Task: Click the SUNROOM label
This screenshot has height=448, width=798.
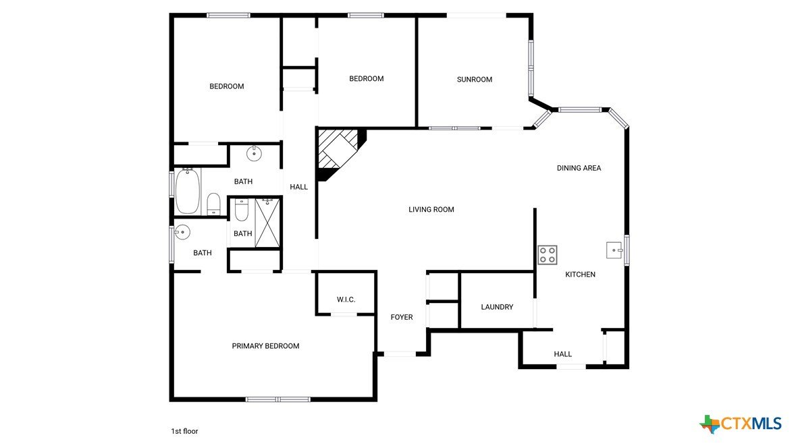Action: click(x=475, y=80)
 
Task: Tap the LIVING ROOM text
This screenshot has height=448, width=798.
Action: click(x=431, y=210)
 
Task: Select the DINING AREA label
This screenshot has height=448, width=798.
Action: click(x=579, y=168)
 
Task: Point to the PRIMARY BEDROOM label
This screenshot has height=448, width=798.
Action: click(x=265, y=346)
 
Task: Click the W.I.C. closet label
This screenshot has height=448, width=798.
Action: click(x=346, y=300)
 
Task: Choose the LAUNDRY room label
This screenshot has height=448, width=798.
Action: click(x=497, y=307)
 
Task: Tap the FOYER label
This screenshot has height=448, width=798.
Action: click(x=402, y=317)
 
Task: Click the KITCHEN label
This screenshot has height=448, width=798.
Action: click(x=580, y=275)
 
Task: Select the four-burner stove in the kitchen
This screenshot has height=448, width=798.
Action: click(x=548, y=255)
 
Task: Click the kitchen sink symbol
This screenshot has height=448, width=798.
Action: click(x=614, y=250)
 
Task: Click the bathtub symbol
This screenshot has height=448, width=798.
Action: click(x=187, y=191)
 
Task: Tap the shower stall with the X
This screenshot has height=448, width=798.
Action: click(x=267, y=223)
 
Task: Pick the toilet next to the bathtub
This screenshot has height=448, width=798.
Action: click(x=214, y=204)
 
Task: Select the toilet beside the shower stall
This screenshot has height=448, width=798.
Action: click(x=241, y=210)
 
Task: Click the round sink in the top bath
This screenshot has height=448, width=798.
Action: click(x=253, y=153)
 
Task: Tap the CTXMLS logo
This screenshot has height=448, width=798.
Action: click(x=741, y=424)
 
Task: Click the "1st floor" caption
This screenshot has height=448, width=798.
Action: click(x=184, y=431)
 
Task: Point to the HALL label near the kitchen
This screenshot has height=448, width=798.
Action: click(x=563, y=354)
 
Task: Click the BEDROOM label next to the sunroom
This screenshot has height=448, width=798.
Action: click(x=367, y=79)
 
